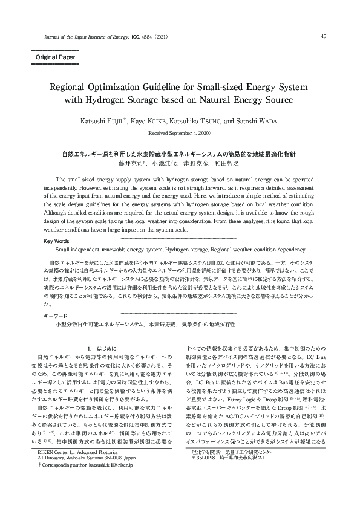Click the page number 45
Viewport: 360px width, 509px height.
[324, 36]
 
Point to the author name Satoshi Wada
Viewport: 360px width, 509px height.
[249, 120]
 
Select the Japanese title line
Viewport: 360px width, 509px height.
[180, 155]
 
